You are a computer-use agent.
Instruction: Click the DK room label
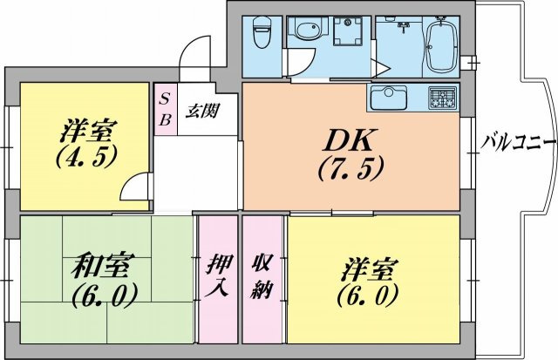click(x=350, y=140)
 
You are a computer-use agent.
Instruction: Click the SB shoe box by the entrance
click(x=166, y=108)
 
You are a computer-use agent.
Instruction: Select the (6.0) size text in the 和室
click(x=105, y=295)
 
